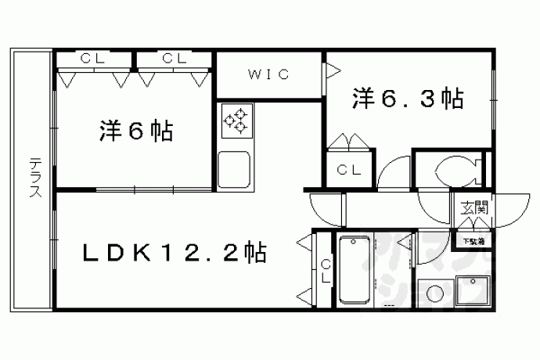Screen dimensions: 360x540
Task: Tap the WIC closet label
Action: click(270, 75)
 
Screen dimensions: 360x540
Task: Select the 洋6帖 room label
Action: click(135, 131)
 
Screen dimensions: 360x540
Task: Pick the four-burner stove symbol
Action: click(235, 121)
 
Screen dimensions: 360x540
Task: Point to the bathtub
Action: click(360, 268)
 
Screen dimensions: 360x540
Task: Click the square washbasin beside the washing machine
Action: click(474, 292)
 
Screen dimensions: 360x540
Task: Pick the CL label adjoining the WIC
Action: click(174, 58)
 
